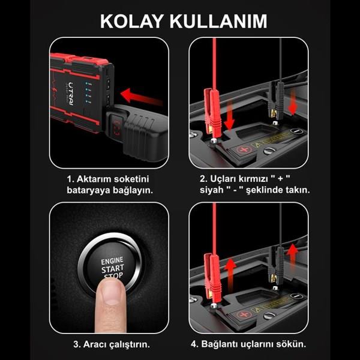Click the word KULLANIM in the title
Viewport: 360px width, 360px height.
[218, 22]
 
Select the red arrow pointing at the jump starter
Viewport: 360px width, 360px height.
[142, 97]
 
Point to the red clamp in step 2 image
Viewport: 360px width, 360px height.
[212, 113]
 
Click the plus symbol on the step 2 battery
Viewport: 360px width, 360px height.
[244, 149]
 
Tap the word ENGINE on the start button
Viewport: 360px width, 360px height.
[112, 261]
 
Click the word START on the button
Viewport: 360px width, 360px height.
[113, 269]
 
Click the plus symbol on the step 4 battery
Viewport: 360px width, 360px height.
[244, 314]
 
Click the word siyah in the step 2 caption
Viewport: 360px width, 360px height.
[211, 190]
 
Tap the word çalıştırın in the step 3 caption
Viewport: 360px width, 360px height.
[129, 344]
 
